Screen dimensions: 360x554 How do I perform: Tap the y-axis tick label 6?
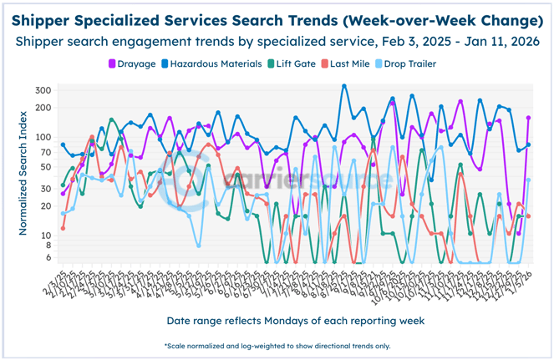point(49,258)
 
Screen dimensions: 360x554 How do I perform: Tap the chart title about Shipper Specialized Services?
point(277,19)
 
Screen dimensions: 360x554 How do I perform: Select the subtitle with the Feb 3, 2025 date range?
point(277,40)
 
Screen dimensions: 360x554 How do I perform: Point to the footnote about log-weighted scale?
point(277,345)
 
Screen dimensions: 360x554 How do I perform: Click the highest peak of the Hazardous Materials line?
point(344,85)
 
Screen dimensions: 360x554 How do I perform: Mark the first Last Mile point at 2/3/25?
point(63,227)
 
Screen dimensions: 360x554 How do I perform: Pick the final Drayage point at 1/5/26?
point(528,118)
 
